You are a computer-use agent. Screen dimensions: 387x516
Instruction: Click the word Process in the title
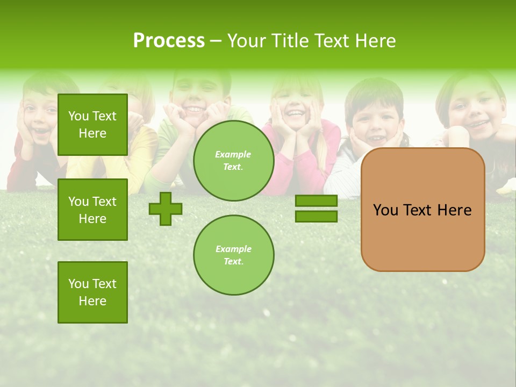click(x=169, y=41)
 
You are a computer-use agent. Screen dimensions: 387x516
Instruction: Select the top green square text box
click(x=92, y=125)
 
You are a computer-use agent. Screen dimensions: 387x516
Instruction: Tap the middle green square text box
click(x=92, y=210)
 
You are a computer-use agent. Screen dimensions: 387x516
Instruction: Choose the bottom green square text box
click(x=92, y=292)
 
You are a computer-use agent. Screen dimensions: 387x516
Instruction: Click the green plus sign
click(x=166, y=209)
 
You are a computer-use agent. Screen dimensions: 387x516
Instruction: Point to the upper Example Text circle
click(x=234, y=161)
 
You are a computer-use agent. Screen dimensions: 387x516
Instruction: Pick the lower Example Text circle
click(x=234, y=255)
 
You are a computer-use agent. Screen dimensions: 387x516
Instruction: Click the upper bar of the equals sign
click(x=316, y=201)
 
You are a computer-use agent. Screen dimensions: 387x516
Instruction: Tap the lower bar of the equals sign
click(x=316, y=216)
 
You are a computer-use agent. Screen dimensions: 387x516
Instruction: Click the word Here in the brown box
click(x=454, y=210)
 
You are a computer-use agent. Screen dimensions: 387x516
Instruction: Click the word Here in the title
click(x=375, y=41)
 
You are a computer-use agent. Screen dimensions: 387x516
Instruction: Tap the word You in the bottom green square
click(x=78, y=284)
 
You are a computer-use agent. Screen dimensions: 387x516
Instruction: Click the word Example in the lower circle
click(x=233, y=249)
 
